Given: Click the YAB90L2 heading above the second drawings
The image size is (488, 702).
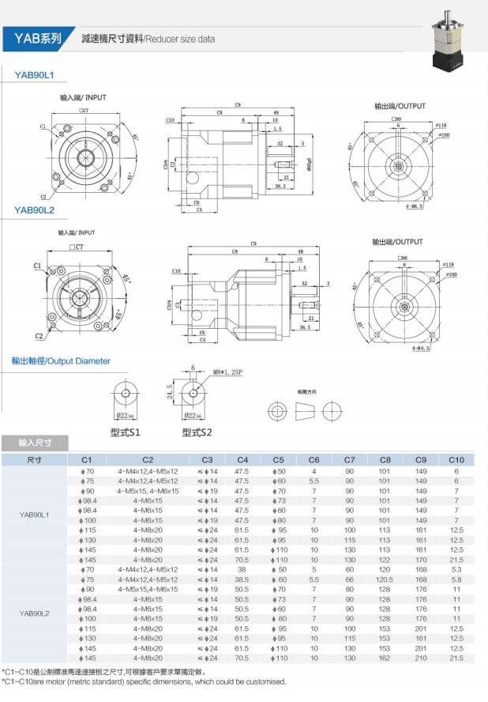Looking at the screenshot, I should click(34, 209).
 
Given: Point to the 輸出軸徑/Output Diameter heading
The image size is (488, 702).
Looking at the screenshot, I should click(61, 361).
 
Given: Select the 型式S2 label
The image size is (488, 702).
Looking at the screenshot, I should click(196, 432).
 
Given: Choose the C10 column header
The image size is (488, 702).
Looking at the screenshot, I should click(456, 459).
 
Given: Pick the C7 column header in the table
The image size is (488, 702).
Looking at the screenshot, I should click(349, 459).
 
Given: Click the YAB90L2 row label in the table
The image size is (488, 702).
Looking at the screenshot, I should click(34, 613).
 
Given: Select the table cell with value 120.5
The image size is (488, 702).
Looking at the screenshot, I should click(385, 579).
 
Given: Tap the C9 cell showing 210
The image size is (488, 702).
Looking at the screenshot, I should click(420, 657).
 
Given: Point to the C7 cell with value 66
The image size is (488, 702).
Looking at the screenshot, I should click(349, 579).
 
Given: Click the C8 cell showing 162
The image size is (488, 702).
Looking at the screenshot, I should click(385, 657).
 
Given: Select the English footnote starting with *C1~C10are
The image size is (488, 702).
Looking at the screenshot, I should click(145, 681).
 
